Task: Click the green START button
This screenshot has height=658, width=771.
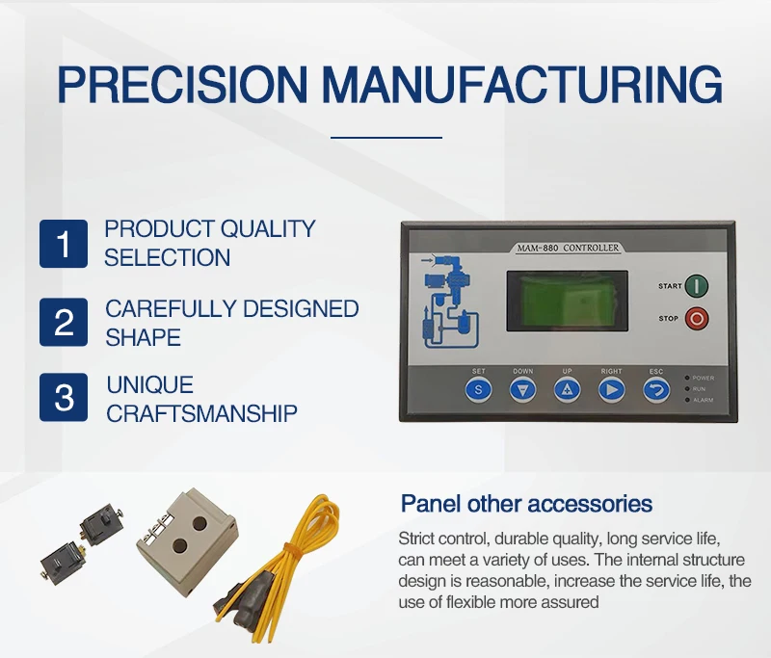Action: pos(697,286)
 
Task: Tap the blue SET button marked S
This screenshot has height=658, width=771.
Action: pos(478,389)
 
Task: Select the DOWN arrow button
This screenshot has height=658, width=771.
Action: pos(522,389)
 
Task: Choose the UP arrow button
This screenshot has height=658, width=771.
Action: pos(567,389)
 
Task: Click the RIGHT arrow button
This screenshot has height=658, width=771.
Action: pos(611,389)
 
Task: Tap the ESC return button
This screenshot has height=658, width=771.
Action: pos(656,389)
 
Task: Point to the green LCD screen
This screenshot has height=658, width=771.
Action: pos(566,301)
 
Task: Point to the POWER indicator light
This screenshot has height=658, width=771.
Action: pos(686,378)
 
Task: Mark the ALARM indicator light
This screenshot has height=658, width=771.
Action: pos(686,399)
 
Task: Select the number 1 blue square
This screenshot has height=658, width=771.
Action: pos(64,244)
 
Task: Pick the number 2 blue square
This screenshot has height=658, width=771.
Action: pos(64,323)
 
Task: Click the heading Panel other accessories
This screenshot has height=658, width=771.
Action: pos(526,504)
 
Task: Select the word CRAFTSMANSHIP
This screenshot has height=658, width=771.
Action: pos(200,413)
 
